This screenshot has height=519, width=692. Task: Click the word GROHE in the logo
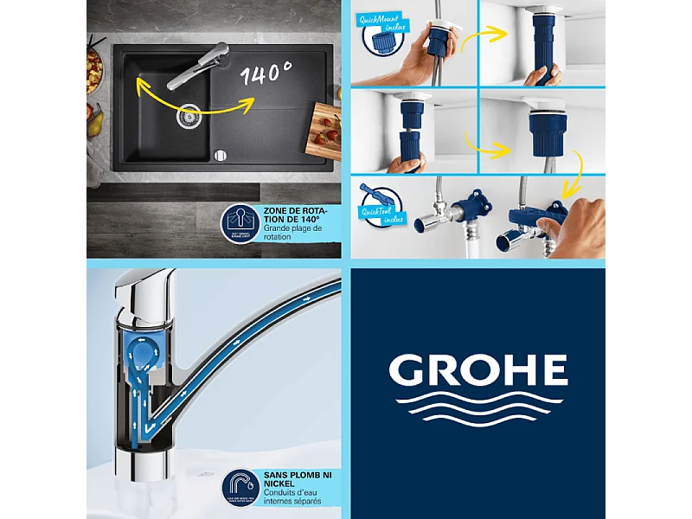477,370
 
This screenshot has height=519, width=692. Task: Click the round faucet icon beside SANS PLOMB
241,486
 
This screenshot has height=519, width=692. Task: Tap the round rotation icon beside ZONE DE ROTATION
242,224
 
